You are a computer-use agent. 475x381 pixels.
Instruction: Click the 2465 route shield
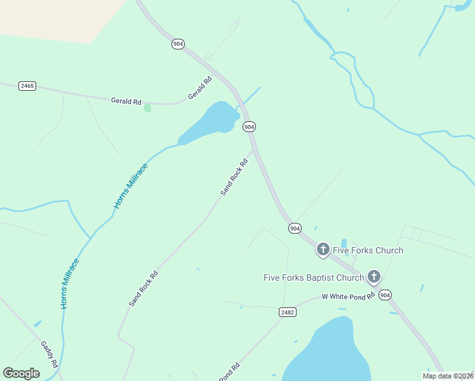click(x=27, y=86)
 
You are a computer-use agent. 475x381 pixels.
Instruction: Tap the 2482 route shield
click(x=287, y=312)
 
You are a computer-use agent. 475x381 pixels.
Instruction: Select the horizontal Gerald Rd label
click(x=126, y=101)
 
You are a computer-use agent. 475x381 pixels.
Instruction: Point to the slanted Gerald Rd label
click(x=199, y=88)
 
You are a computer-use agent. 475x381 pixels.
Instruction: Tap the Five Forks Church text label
click(x=368, y=250)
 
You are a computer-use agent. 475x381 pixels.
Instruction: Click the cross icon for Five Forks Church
click(x=323, y=249)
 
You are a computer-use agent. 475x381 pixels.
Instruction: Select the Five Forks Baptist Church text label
click(x=314, y=277)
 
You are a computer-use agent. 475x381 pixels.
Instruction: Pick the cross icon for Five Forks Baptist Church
click(x=373, y=276)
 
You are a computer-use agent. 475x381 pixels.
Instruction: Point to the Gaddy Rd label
click(x=50, y=354)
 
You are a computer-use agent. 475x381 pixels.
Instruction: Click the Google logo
click(x=21, y=373)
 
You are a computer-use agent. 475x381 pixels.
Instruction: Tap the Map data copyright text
click(x=448, y=376)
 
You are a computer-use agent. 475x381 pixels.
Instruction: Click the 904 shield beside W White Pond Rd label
click(x=386, y=295)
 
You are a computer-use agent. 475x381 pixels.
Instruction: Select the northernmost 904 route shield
click(x=178, y=44)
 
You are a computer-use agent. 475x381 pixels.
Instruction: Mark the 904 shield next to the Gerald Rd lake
click(x=250, y=127)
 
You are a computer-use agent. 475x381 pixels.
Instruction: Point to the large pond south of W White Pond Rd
click(x=327, y=352)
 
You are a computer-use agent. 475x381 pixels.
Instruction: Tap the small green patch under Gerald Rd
click(x=148, y=107)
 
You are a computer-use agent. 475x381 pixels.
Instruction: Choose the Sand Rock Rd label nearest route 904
click(x=234, y=177)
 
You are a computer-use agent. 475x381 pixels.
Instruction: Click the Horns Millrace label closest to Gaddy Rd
click(x=70, y=284)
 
